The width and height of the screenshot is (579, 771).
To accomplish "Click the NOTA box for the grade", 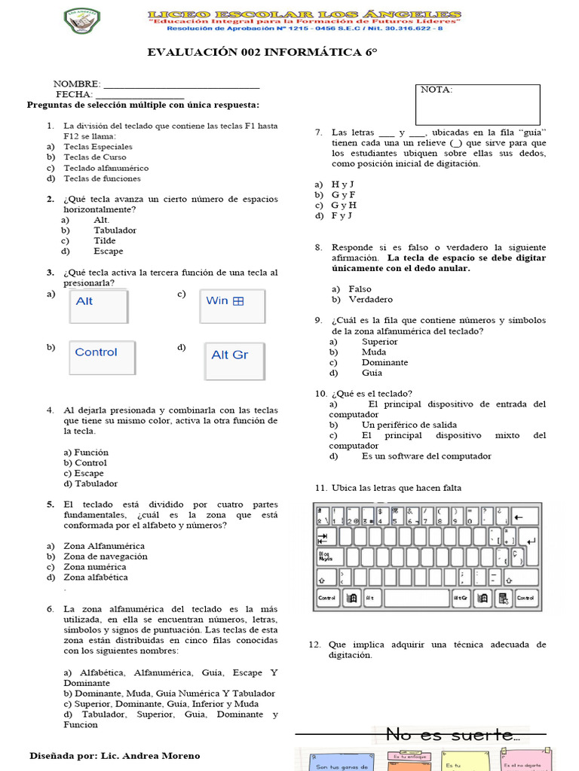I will pos(479,104).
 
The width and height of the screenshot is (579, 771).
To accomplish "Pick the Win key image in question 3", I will pos(233,305).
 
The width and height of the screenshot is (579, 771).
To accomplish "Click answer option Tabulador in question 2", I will pos(115,230).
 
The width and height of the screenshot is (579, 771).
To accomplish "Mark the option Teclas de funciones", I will pos(102,179).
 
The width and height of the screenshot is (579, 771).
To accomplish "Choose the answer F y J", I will pos(342,216).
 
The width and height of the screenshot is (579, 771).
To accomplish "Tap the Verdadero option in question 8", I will pos(370,300).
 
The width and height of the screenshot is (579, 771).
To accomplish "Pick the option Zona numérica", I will pos(95,567).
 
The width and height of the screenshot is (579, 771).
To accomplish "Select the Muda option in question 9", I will pos(374,352).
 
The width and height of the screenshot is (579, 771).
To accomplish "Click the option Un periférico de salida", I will pos(409,425).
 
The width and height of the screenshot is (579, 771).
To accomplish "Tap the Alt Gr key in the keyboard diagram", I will pos(461,599).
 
